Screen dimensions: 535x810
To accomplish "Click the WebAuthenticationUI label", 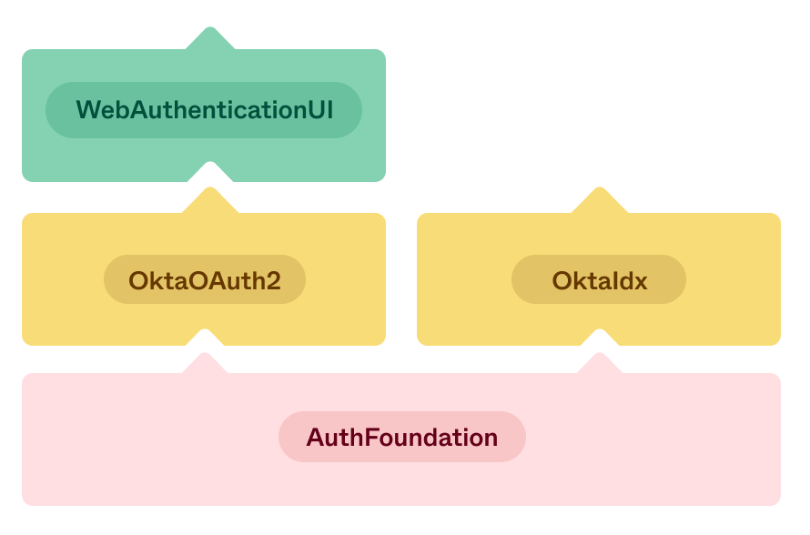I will [x=204, y=110].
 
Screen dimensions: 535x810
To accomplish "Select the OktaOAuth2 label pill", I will [x=205, y=279].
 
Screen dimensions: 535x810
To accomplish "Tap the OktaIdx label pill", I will [x=599, y=279].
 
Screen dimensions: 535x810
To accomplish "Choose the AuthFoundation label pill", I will [x=402, y=437].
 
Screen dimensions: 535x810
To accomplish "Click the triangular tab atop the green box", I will [x=210, y=39].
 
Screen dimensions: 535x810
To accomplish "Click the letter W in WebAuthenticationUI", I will [x=87, y=110].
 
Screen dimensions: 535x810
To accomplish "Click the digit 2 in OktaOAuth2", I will [x=272, y=280].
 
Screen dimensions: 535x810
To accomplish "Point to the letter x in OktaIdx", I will [x=640, y=280].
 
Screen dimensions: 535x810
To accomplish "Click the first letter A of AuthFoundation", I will [x=315, y=438].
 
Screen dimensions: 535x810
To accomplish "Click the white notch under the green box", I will [x=209, y=170].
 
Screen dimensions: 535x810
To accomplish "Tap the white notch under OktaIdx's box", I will [x=600, y=336].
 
